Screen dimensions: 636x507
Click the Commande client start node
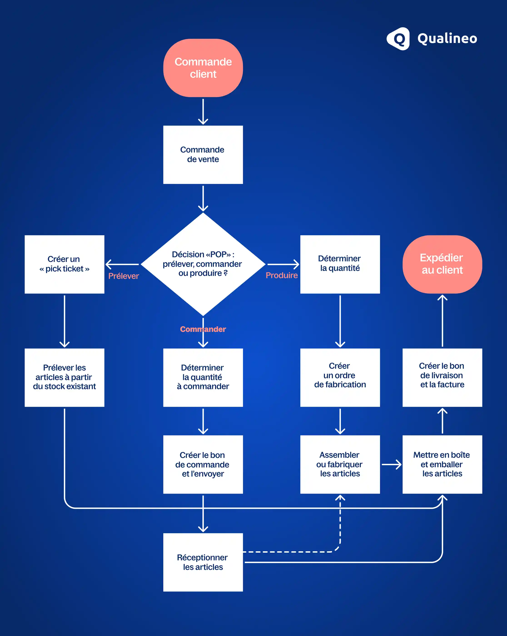point(203,68)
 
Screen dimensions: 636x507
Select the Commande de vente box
point(203,155)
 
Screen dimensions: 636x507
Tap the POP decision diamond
point(203,264)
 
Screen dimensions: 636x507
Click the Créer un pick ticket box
point(64,264)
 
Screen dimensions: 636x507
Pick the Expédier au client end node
point(442,264)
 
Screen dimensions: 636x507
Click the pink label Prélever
point(123,276)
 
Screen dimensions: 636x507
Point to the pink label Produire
point(281,275)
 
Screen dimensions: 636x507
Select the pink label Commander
point(203,329)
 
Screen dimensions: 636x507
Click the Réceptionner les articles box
point(203,562)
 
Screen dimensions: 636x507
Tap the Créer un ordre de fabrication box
point(340,377)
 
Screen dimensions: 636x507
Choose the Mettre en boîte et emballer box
point(442,464)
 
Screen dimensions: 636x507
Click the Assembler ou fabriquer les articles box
point(340,464)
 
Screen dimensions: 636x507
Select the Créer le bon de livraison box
point(442,377)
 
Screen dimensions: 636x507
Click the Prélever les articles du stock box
point(64,377)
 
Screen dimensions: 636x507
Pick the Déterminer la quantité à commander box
point(203,377)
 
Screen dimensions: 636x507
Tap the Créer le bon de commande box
point(203,464)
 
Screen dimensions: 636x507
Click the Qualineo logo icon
point(398,39)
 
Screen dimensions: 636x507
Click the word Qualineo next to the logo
point(447,39)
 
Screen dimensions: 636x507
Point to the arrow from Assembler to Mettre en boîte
point(391,464)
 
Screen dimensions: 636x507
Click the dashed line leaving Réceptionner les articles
point(289,552)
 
